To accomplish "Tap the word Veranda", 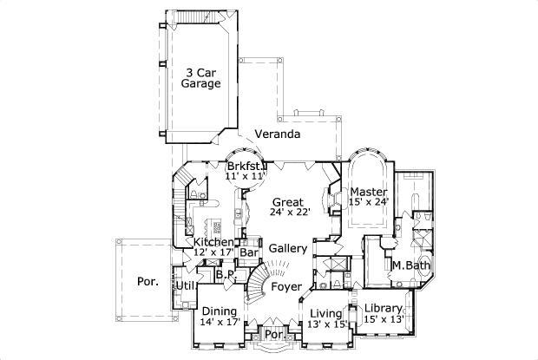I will pos(277,134).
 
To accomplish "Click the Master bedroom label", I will pos(368,191).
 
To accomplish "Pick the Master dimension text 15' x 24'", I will pos(368,202).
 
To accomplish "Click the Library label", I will pos(383,309).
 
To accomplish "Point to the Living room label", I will pos(326,313).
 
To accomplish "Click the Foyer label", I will pos(285,286).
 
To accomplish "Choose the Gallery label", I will pos(287,248).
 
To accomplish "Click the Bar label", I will pos(250,253).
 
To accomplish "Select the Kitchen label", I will pos(213,242).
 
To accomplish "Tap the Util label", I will pos(185,285).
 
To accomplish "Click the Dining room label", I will pos(219,311).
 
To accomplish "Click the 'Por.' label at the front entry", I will pos(273,333).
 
